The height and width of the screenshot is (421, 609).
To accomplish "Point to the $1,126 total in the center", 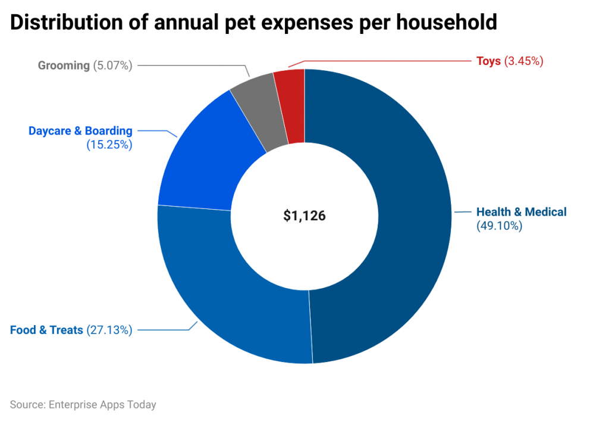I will click(304, 216).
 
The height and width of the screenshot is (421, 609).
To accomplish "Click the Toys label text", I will click(488, 61).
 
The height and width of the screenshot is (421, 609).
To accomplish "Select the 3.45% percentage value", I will click(524, 61).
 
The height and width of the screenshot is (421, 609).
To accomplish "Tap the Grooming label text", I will click(64, 66).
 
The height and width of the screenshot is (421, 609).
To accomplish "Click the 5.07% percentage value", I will click(112, 66).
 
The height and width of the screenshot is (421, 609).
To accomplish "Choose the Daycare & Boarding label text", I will click(80, 131).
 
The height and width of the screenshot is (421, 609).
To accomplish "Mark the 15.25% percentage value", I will click(109, 144).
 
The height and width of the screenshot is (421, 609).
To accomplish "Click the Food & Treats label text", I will click(46, 329).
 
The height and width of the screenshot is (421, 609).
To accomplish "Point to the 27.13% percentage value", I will click(109, 329).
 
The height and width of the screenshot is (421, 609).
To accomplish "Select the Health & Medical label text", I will click(522, 212).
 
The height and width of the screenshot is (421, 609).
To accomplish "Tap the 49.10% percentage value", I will click(500, 226).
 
